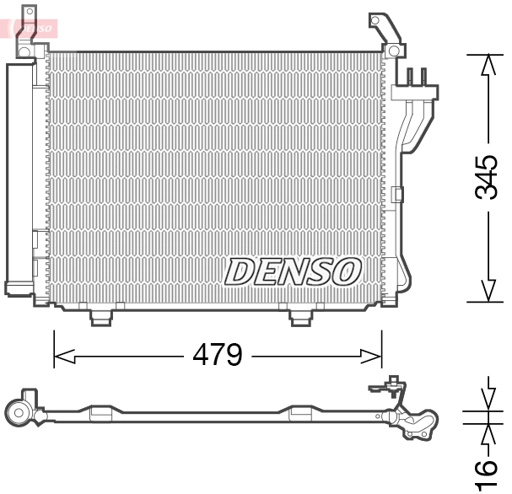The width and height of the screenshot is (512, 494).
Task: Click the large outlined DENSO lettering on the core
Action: click(293, 271)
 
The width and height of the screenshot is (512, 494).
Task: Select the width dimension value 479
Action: click(217, 355)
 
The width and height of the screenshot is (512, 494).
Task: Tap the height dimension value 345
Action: click(486, 177)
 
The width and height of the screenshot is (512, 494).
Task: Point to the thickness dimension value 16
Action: click(485, 475)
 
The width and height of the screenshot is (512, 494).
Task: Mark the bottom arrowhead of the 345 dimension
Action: click(487, 291)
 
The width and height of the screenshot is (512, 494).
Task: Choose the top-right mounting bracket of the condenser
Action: click(384, 34)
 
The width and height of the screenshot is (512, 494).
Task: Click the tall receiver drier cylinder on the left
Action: click(18, 177)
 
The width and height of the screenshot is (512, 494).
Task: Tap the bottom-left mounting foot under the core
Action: click(100, 316)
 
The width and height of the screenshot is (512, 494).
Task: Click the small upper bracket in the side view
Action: click(384, 389)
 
